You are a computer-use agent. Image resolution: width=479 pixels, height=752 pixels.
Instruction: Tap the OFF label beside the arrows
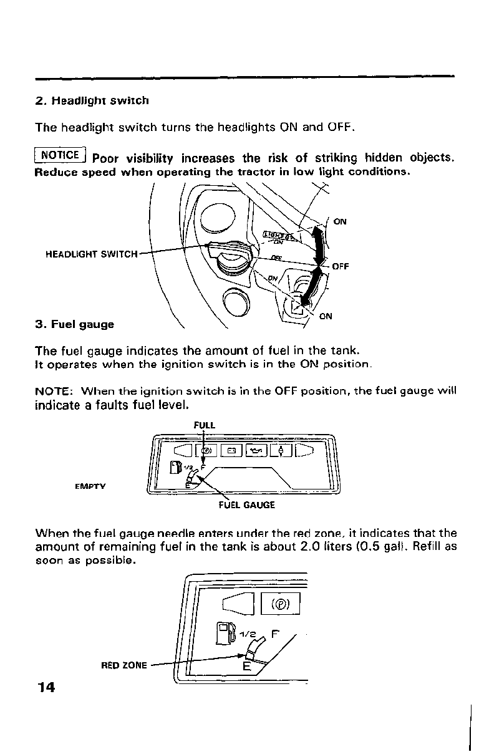tap(340, 266)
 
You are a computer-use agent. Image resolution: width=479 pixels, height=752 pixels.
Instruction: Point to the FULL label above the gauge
tap(204, 425)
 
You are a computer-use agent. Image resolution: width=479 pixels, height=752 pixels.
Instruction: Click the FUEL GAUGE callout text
tap(246, 505)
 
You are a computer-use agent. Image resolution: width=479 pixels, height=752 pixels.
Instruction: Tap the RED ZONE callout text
tap(123, 665)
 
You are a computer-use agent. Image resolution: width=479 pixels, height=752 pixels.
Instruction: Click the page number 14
tap(46, 687)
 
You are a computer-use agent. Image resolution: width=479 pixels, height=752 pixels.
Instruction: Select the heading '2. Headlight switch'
tap(92, 100)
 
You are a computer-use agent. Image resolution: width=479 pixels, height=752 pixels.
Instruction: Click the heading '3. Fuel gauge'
tap(75, 324)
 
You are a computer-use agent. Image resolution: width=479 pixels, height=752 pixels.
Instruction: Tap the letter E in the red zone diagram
tap(246, 667)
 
